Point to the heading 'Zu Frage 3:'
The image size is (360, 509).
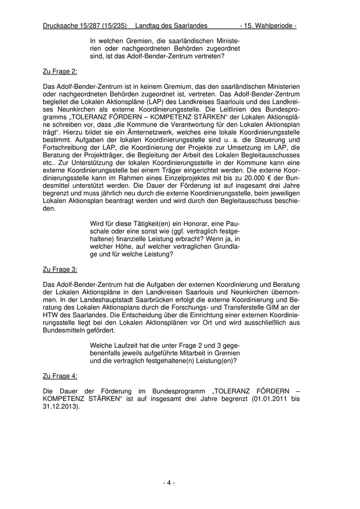[x=60, y=269]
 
